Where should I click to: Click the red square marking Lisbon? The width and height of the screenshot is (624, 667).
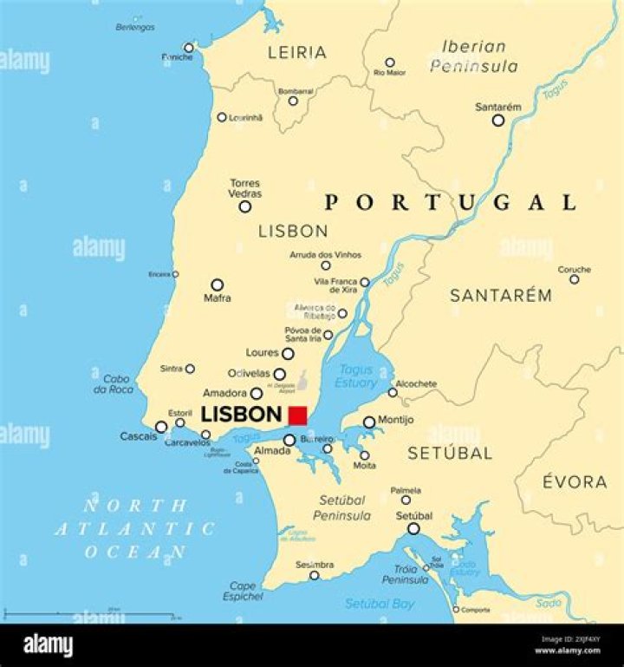[x=298, y=415]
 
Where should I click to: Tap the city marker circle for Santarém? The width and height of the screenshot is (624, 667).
[x=498, y=121]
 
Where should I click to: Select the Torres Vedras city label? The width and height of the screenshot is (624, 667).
[x=245, y=188]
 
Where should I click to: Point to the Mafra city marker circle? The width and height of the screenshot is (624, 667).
[x=218, y=284]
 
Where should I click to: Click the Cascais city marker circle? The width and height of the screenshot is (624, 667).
[x=161, y=427]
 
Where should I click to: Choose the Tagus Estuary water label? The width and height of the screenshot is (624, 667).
[x=357, y=376]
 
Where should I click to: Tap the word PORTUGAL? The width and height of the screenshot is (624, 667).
[x=450, y=203]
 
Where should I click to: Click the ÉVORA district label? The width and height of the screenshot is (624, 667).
[x=575, y=482]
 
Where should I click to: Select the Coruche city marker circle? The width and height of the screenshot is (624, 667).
[x=574, y=279]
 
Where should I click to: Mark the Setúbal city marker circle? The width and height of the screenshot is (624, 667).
[x=413, y=528]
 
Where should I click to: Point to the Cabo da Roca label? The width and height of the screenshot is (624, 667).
[x=117, y=384]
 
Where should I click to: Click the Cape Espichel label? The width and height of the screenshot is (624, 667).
[x=243, y=592]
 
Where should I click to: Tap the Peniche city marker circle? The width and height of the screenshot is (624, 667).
[x=189, y=49]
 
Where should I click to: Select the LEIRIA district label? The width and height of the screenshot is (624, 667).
[x=297, y=53]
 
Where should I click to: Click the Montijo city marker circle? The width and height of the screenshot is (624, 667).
[x=369, y=422]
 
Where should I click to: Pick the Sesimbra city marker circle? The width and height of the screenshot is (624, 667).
[x=315, y=575]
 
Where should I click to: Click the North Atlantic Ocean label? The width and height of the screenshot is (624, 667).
[x=134, y=527]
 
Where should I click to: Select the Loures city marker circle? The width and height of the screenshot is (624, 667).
[x=288, y=354]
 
